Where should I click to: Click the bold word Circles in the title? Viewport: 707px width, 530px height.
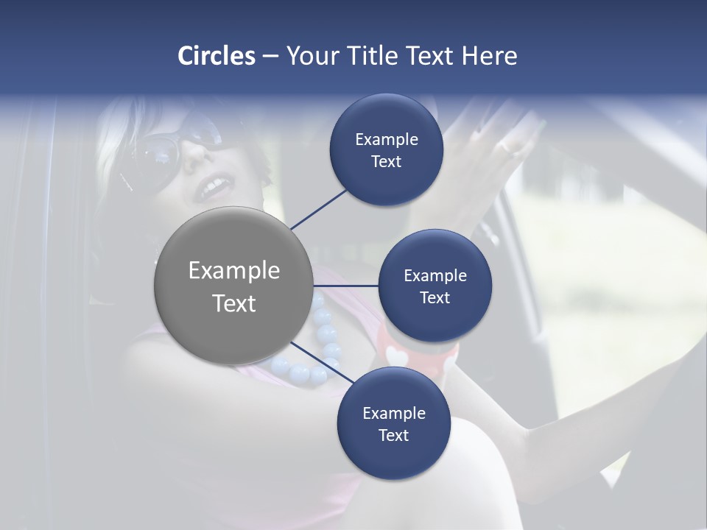(x=217, y=56)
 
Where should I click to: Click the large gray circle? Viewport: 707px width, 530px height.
(x=233, y=286)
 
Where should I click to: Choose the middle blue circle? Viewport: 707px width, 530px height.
(x=435, y=286)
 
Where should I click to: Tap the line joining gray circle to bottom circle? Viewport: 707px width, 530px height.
(x=323, y=363)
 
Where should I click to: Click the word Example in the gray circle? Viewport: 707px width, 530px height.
(x=233, y=271)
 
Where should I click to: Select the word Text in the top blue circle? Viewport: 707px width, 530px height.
(x=386, y=162)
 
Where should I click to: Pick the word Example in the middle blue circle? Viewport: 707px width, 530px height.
(x=435, y=276)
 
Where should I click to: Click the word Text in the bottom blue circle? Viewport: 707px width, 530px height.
(x=393, y=436)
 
